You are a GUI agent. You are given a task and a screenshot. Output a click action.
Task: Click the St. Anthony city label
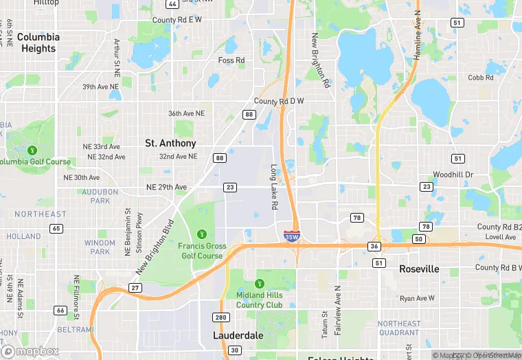click(x=170, y=144)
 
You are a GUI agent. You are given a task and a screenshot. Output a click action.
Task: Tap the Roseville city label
click(x=419, y=269)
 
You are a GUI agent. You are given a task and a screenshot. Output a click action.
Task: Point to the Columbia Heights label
click(x=38, y=43)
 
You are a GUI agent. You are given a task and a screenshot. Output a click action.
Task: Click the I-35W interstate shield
click(x=291, y=236)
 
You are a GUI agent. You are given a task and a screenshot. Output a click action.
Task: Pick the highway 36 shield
click(x=374, y=246)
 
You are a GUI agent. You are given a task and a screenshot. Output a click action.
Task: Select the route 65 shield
click(x=56, y=228)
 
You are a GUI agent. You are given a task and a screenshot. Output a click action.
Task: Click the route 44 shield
click(x=172, y=4)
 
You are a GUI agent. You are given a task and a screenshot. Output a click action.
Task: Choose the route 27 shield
click(x=136, y=287)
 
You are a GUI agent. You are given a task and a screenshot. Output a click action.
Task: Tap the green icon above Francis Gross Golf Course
click(x=202, y=234)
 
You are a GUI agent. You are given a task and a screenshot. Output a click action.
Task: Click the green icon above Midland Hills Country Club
click(x=260, y=284)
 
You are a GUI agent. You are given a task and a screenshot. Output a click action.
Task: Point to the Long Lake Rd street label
click(x=273, y=187)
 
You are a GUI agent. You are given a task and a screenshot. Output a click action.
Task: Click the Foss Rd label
click(x=231, y=60)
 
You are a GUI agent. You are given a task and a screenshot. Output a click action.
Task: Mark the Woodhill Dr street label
click(x=453, y=175)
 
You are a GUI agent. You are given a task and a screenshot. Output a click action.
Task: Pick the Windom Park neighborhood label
click(x=100, y=247)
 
